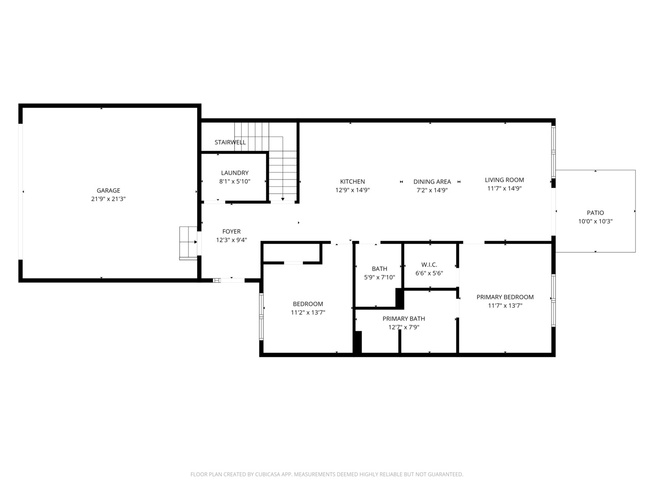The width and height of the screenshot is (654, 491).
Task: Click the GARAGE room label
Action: tap(108, 190)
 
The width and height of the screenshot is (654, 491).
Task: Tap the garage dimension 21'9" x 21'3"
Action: tap(108, 199)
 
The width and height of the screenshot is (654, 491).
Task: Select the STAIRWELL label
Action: tap(230, 142)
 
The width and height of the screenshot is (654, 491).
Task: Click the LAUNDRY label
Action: tap(234, 173)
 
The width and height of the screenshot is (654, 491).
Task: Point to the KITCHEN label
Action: tap(352, 181)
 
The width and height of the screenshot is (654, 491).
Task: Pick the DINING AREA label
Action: tap(432, 181)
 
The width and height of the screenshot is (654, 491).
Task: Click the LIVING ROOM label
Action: tap(504, 180)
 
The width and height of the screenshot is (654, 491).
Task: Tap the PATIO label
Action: tap(595, 213)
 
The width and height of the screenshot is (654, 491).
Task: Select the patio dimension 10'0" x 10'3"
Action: tap(595, 221)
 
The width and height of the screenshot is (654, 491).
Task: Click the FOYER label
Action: tap(231, 231)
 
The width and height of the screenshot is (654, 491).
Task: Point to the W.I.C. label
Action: tap(429, 265)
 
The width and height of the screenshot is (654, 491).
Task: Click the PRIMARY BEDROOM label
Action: tap(505, 297)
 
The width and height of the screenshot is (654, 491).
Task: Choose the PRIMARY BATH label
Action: tap(403, 318)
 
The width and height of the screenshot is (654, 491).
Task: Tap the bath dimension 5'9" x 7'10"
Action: tap(379, 277)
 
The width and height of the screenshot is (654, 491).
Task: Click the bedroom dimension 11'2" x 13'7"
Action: tap(308, 312)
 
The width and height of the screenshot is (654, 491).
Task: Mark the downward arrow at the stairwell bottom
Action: tap(282, 199)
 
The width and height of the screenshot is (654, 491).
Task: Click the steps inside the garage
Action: tap(188, 243)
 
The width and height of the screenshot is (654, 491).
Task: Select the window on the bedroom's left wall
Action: tap(261, 316)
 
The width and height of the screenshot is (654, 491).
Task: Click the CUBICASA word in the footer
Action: tap(267, 474)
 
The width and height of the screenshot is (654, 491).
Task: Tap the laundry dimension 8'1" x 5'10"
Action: tap(234, 181)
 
